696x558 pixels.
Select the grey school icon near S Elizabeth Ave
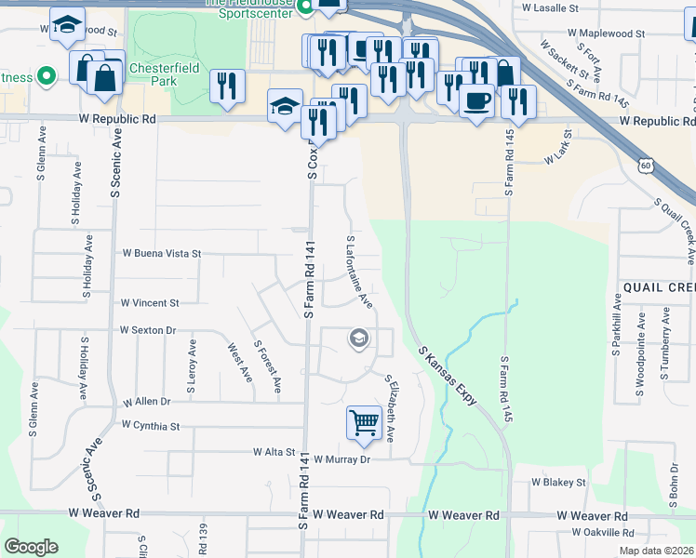tap(357, 339)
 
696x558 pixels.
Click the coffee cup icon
tap(476, 100)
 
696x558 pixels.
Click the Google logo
tap(31, 547)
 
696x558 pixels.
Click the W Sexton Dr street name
tap(148, 330)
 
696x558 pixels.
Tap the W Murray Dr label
tap(341, 459)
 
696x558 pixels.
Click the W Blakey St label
tap(558, 483)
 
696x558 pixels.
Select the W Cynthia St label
tap(150, 425)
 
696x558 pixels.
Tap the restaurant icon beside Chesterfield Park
tap(227, 86)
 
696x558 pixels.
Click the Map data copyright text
tap(656, 551)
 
